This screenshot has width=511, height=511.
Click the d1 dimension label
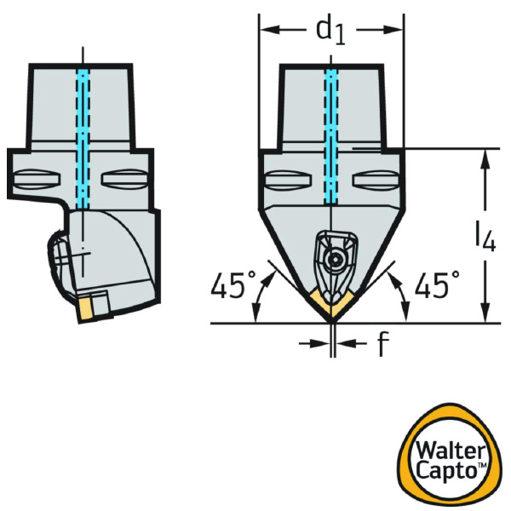pyautogui.click(x=330, y=31)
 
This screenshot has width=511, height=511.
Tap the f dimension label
pyautogui.click(x=383, y=343)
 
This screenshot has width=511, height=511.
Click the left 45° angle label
pyautogui.click(x=233, y=284)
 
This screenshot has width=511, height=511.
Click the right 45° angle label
pyautogui.click(x=437, y=284)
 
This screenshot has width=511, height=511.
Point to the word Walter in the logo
pyautogui.click(x=451, y=451)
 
